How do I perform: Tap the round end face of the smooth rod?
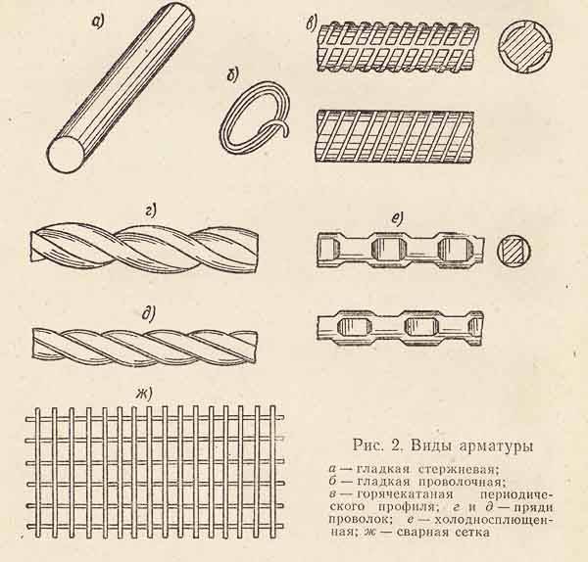tap(66, 155)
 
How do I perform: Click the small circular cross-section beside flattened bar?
tap(514, 252)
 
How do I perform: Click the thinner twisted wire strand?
tap(147, 342)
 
